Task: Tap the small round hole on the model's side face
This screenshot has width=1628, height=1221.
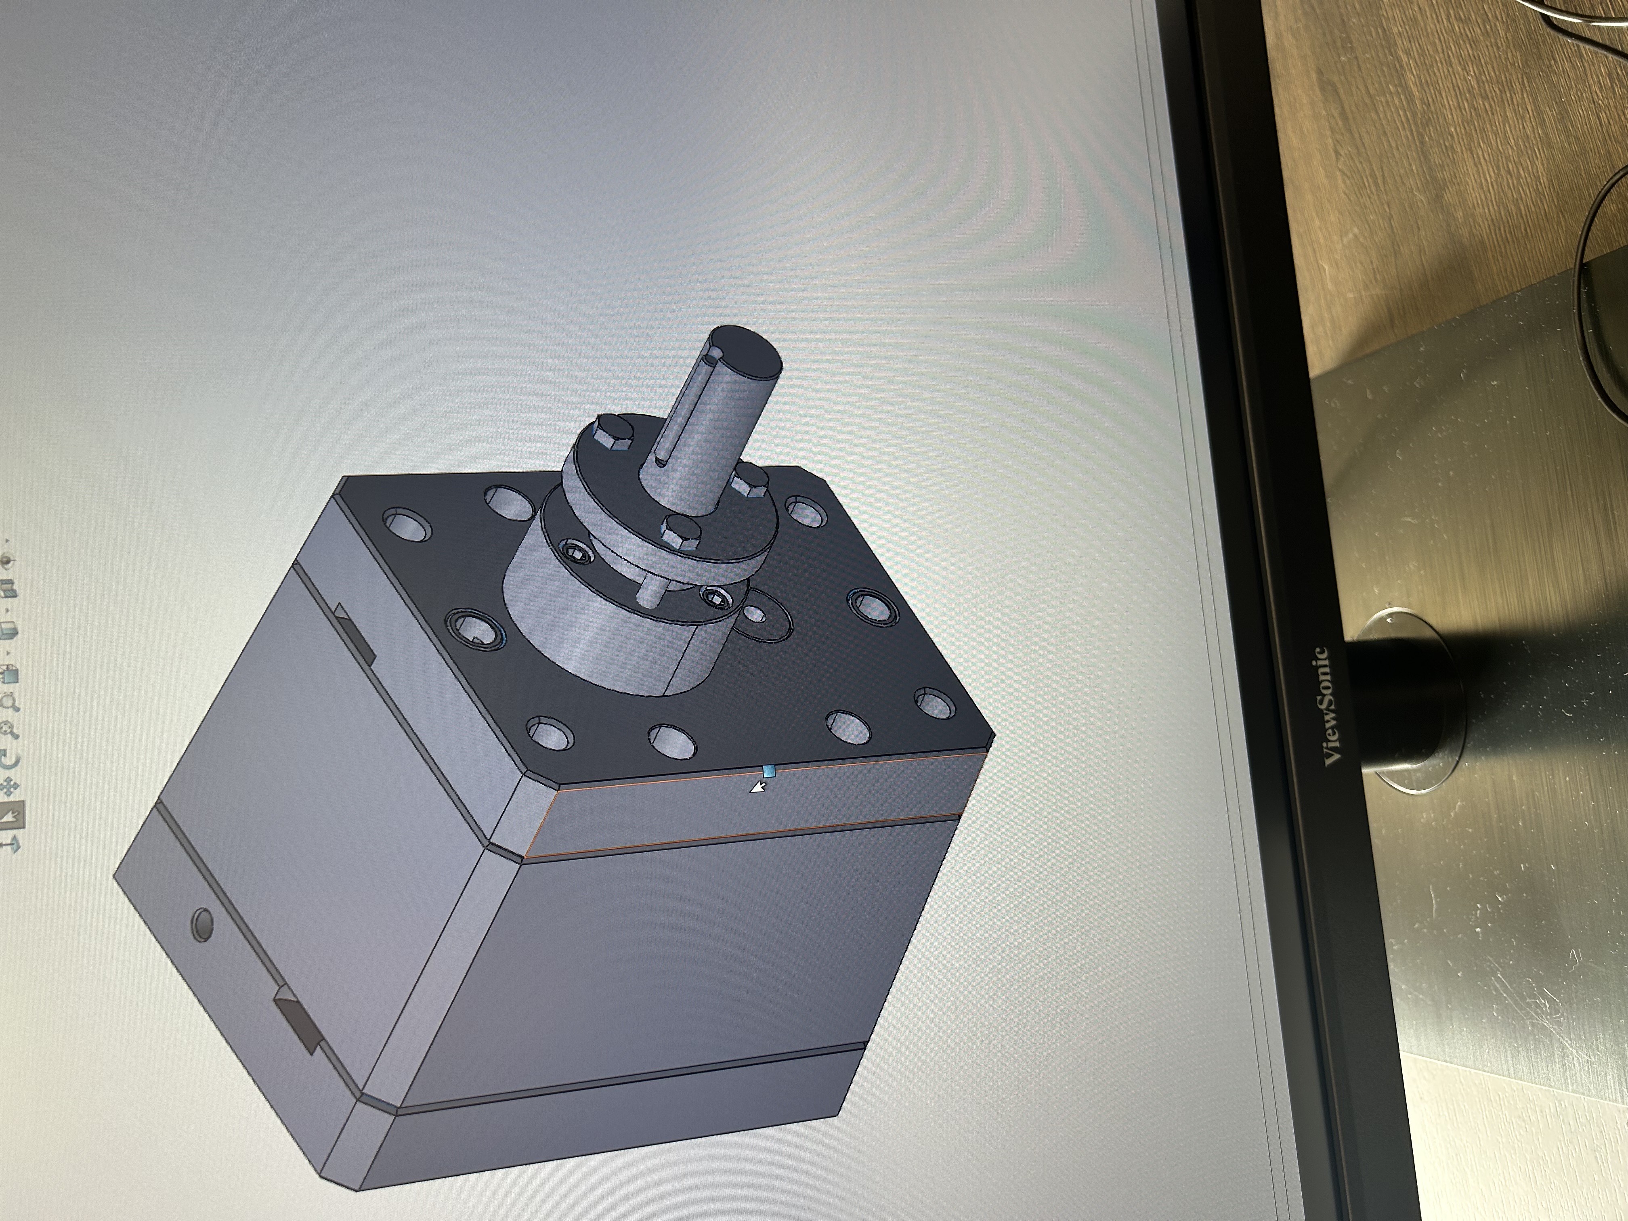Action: (x=201, y=924)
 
